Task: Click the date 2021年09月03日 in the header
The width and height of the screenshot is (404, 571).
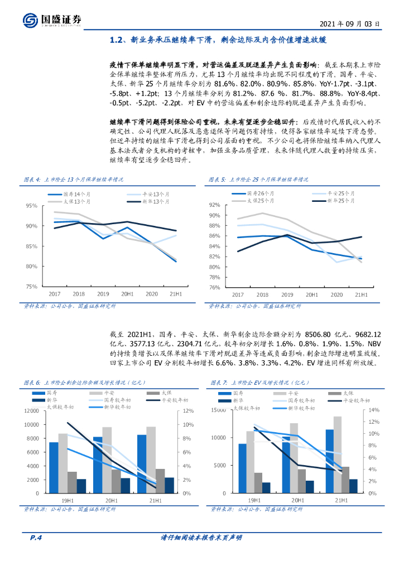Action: tap(350, 24)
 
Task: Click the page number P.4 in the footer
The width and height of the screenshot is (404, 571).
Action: tap(36, 538)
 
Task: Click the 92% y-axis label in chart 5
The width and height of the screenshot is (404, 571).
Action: tap(215, 205)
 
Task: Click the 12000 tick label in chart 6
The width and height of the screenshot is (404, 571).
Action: tap(30, 411)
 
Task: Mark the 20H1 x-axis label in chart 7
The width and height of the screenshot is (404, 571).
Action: tap(297, 501)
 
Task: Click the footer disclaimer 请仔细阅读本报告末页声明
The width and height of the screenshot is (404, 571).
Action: tap(201, 538)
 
